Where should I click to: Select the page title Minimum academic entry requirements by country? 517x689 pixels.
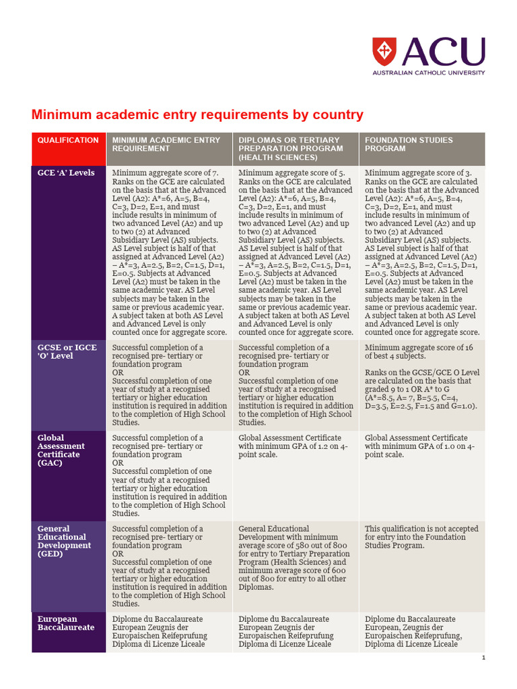coord(197,115)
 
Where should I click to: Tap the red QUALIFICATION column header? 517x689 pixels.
coord(68,141)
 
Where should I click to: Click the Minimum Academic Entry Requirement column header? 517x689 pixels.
coord(166,144)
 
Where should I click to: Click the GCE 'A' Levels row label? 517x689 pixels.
coord(66,173)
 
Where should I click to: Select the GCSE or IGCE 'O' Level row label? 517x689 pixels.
coord(67,352)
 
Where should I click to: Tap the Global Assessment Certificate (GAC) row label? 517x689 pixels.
coord(61,450)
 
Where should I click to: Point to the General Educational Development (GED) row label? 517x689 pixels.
coord(64,541)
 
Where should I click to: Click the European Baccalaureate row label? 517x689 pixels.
coord(66,623)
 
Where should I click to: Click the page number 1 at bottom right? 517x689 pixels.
coord(483,657)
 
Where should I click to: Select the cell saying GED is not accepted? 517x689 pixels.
coord(415,537)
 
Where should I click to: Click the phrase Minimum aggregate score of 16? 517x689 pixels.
coord(417,348)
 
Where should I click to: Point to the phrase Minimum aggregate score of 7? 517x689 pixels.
coord(165,173)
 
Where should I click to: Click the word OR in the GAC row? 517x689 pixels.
coord(118,463)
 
